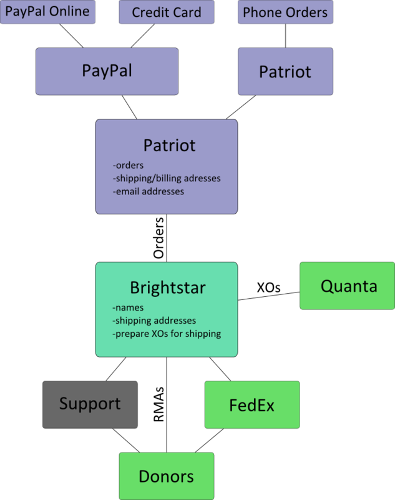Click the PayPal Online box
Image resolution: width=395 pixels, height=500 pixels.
click(x=47, y=12)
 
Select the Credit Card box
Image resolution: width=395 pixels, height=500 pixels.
click(x=167, y=12)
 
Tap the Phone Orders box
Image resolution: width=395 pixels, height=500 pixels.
click(x=285, y=12)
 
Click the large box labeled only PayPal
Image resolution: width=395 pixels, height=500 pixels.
click(x=107, y=71)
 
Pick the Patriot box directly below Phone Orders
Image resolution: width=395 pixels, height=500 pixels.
click(x=285, y=71)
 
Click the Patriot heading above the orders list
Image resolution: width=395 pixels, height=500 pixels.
click(x=169, y=146)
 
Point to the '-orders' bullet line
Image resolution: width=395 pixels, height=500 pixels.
click(x=129, y=166)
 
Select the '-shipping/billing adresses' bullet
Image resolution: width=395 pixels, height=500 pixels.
click(x=167, y=179)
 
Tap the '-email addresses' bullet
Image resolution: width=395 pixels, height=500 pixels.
click(x=149, y=192)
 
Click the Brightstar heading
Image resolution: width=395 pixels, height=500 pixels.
click(x=167, y=288)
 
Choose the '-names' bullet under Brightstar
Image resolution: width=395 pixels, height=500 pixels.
click(x=128, y=307)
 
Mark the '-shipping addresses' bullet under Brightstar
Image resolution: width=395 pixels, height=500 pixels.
click(x=154, y=321)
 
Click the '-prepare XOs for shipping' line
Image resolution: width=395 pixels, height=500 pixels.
click(x=167, y=334)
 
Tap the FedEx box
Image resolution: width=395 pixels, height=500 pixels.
click(x=251, y=405)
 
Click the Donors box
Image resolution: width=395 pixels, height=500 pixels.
click(x=166, y=476)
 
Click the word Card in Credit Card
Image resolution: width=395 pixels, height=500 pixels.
click(x=187, y=12)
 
